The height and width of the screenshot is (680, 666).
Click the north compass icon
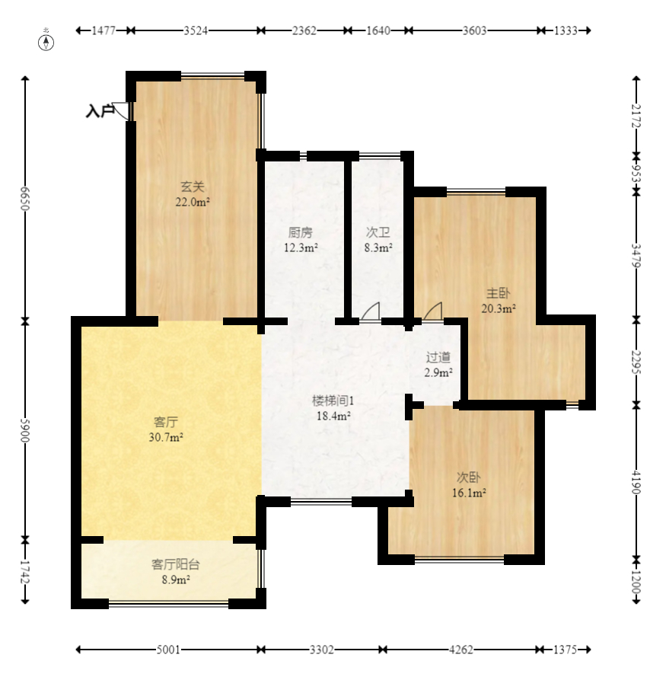(x=46, y=43)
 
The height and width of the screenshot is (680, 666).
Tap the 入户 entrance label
(x=99, y=111)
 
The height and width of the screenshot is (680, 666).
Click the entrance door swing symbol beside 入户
(x=121, y=111)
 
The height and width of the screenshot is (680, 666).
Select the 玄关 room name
(x=192, y=187)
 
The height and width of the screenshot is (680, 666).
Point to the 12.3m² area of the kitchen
(x=301, y=248)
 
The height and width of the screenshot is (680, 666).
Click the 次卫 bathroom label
(x=378, y=232)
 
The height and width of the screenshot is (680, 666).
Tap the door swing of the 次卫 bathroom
(x=371, y=311)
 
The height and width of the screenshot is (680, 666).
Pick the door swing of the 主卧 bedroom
(x=433, y=311)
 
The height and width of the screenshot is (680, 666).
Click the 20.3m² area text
(x=499, y=308)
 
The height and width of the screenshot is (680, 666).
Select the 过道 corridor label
(x=438, y=357)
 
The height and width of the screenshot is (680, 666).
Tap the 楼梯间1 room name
(x=333, y=401)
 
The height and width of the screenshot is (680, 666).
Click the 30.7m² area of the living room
(x=166, y=437)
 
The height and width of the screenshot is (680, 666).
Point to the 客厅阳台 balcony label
(x=176, y=564)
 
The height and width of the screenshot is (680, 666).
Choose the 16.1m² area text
(x=469, y=493)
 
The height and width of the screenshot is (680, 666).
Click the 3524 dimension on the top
(x=196, y=30)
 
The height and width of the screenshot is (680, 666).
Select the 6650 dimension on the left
(x=25, y=199)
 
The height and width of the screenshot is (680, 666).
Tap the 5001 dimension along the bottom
(x=168, y=650)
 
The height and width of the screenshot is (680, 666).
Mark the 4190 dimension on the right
(x=636, y=482)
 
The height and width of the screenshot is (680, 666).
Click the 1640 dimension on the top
(x=378, y=30)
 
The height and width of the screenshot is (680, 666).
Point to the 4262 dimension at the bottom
(x=461, y=650)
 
